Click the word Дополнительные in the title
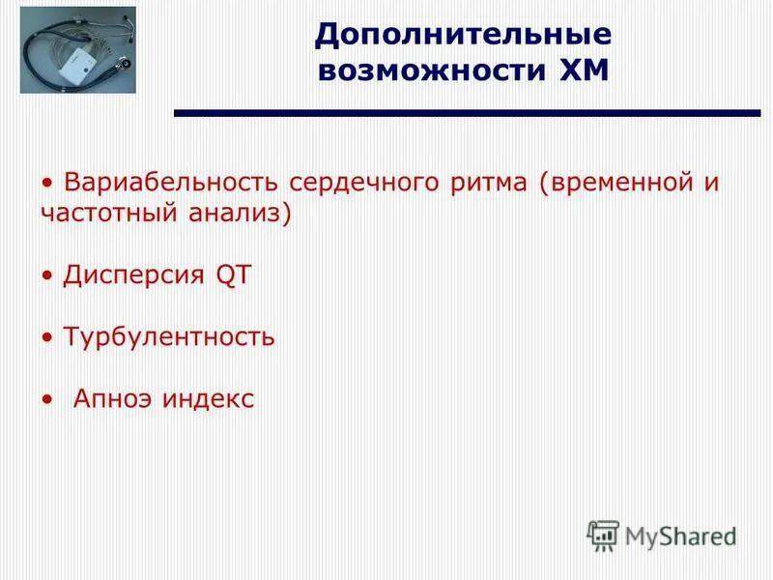pyautogui.click(x=463, y=35)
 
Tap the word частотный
pyautogui.click(x=103, y=213)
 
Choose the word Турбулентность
pyautogui.click(x=169, y=337)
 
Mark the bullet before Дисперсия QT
pyautogui.click(x=48, y=276)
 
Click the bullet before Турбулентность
pyautogui.click(x=48, y=338)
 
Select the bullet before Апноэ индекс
pyautogui.click(x=48, y=400)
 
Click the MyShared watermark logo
pyautogui.click(x=662, y=536)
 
